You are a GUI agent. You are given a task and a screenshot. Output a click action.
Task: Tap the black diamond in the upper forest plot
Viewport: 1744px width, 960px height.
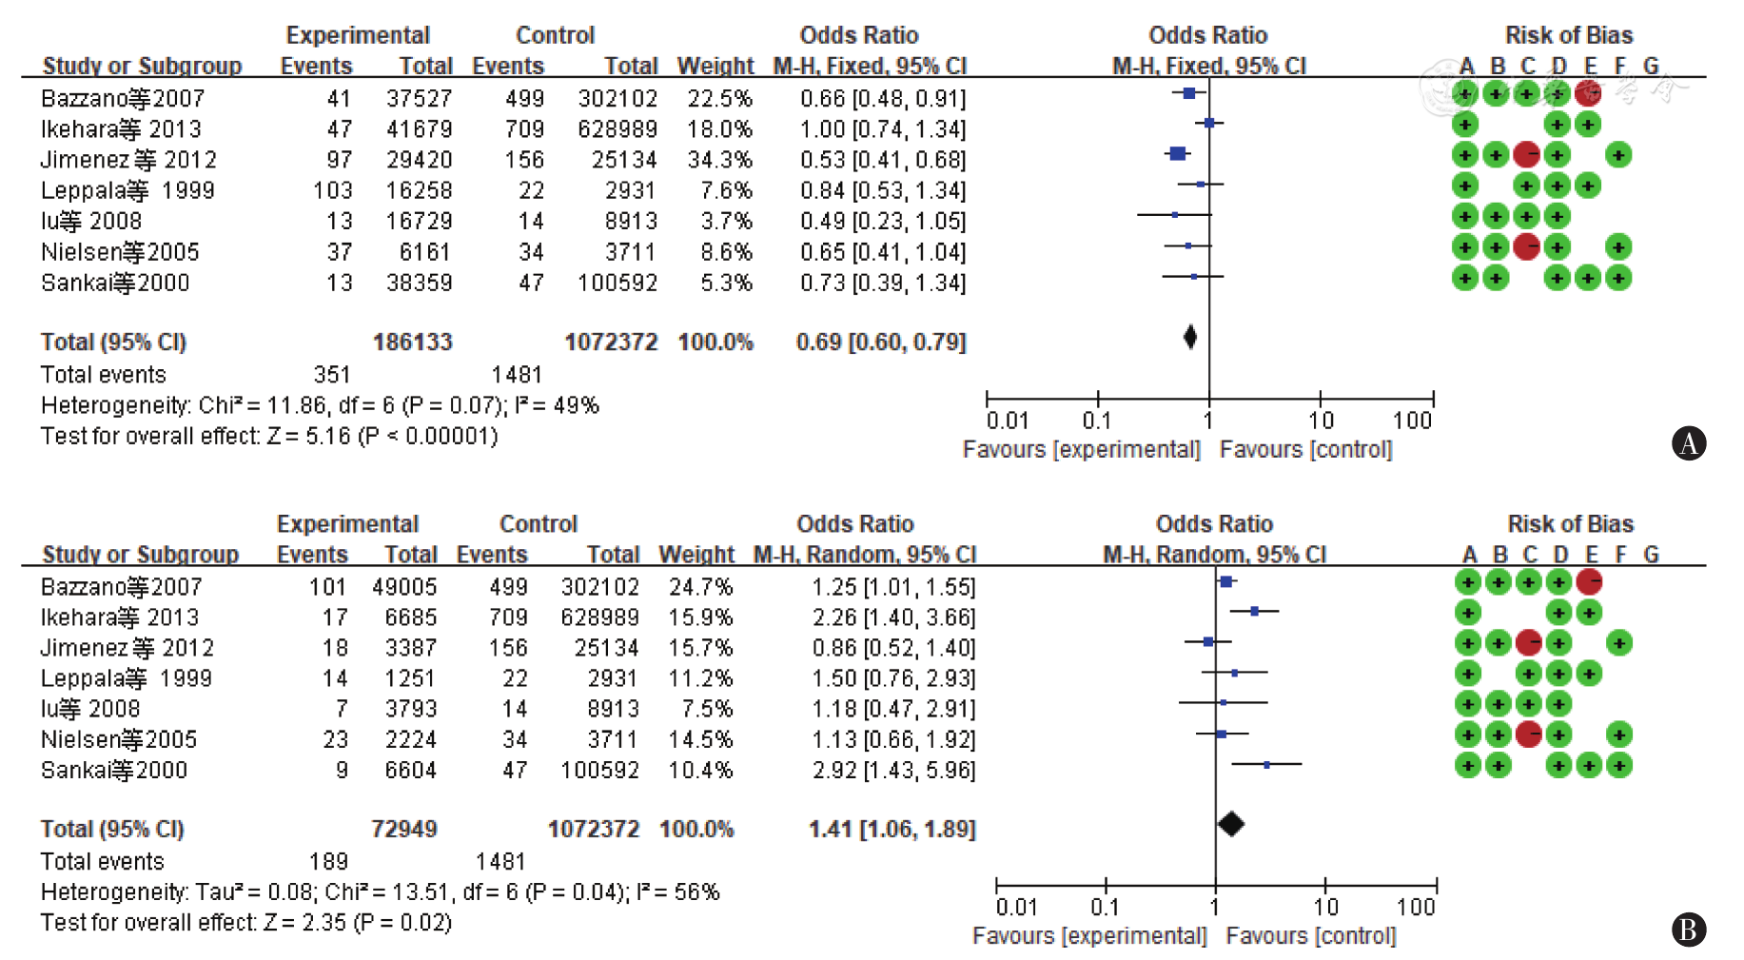point(1190,337)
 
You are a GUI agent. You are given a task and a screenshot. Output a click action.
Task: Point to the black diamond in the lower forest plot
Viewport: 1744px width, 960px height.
point(1230,825)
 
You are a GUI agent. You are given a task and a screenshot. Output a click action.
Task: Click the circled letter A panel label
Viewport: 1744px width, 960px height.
point(1689,443)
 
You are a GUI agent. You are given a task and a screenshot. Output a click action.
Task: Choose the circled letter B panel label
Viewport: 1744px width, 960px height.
point(1689,930)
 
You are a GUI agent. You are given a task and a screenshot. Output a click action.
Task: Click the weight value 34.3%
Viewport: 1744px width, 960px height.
point(719,160)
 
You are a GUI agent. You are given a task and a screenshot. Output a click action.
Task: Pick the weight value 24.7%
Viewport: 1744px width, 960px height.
point(700,587)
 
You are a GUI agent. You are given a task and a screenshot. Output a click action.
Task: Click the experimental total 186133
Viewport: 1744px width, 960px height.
point(412,343)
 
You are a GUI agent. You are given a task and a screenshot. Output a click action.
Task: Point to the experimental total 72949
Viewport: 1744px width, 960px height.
point(403,830)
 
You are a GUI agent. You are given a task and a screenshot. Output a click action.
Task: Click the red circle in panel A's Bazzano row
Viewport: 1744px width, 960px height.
point(1587,93)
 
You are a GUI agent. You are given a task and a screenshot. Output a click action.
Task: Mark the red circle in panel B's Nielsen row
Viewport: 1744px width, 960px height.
point(1528,735)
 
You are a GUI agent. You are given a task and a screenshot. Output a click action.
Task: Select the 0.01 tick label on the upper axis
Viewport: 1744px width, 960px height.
point(1008,421)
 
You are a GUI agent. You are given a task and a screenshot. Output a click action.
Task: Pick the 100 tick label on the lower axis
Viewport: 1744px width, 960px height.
point(1416,908)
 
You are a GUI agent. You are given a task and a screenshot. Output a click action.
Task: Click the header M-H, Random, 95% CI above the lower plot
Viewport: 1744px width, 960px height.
point(1214,555)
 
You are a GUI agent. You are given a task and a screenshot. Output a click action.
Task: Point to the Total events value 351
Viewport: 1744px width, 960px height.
point(332,375)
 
